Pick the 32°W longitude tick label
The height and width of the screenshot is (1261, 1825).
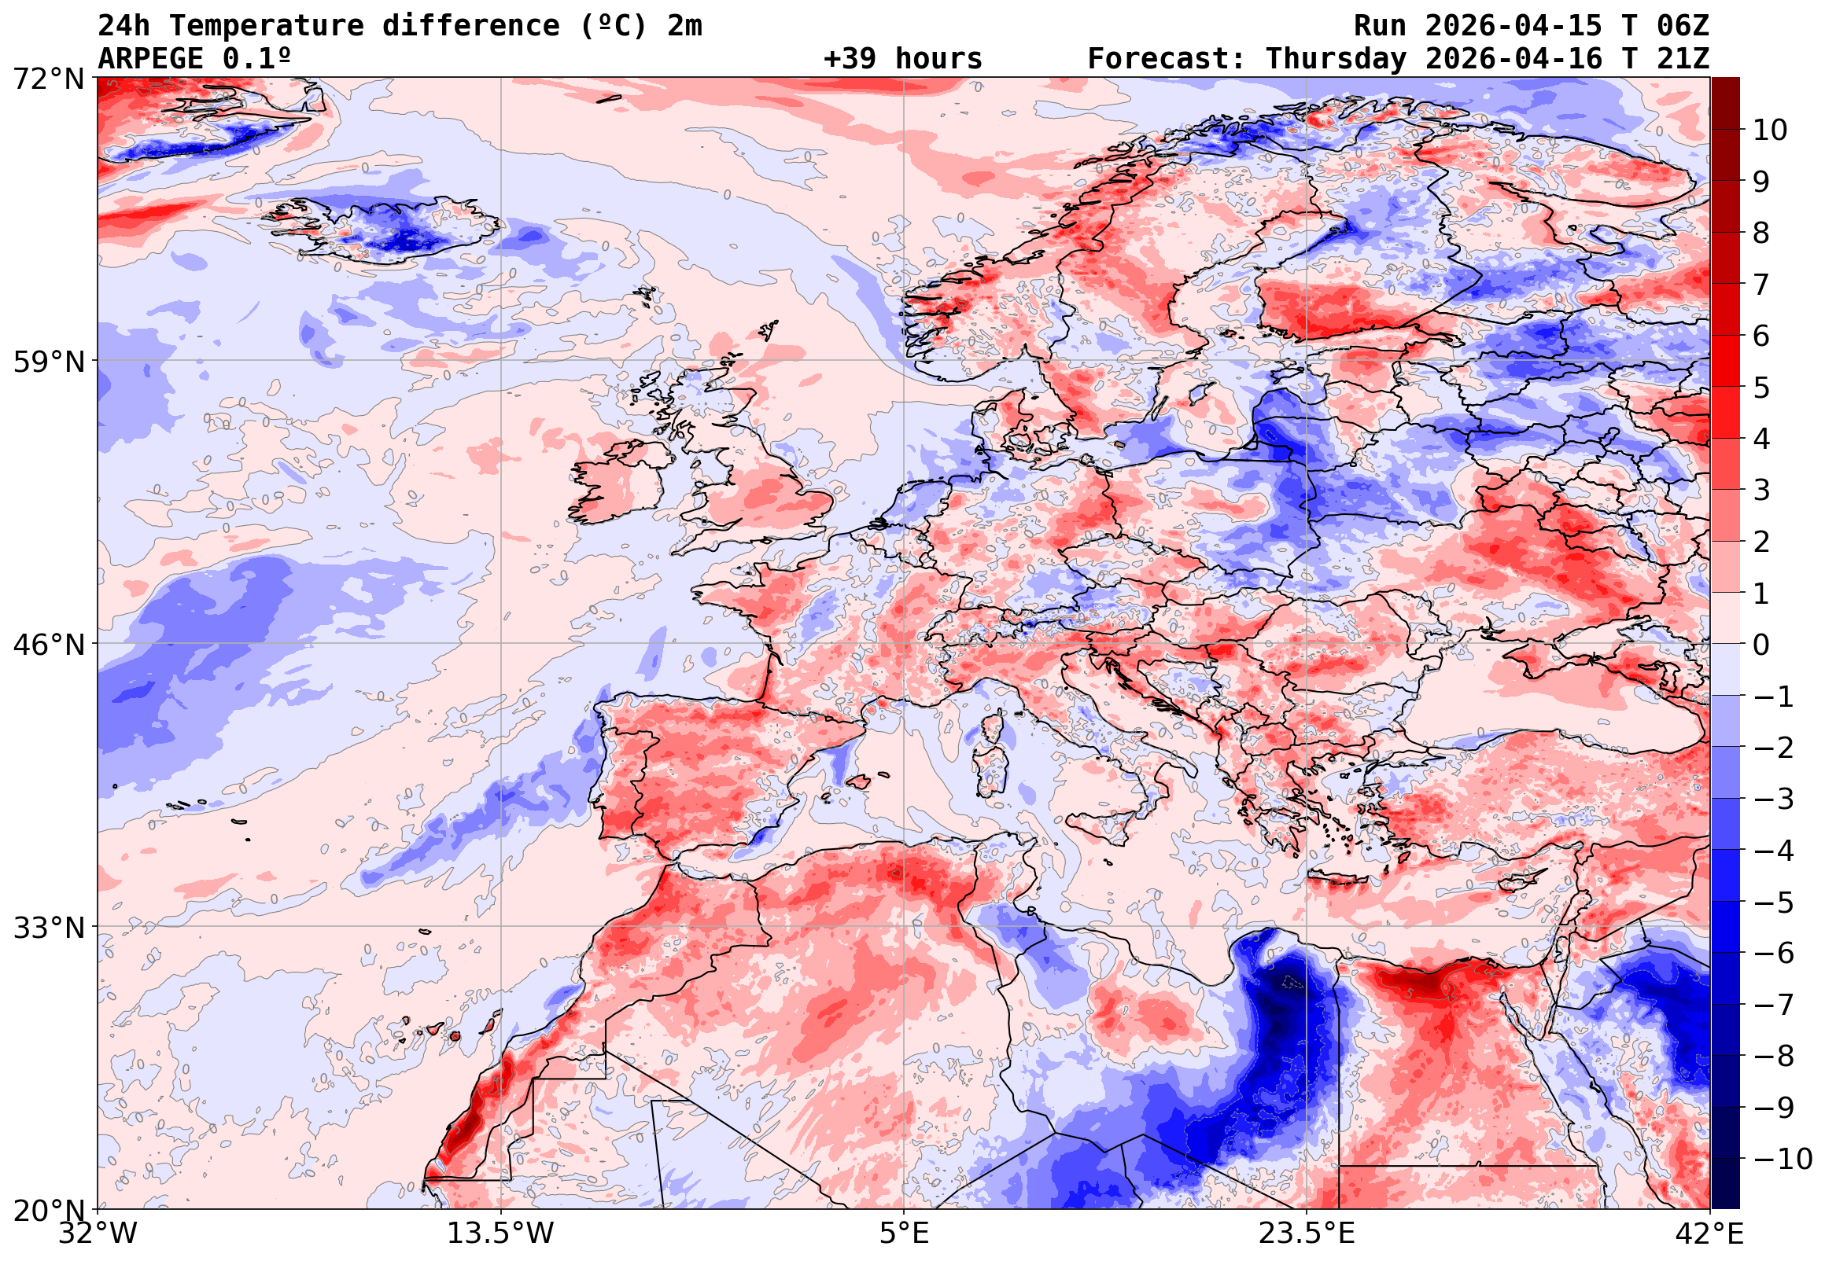(x=98, y=1233)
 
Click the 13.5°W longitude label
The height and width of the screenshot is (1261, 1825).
(x=501, y=1233)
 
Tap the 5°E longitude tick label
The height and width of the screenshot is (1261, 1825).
(x=904, y=1233)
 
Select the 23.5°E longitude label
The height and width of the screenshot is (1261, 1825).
(x=1307, y=1233)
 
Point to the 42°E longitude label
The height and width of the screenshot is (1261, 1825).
(x=1709, y=1233)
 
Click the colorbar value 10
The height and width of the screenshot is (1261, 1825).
(x=1770, y=131)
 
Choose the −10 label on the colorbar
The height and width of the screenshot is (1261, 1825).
(x=1783, y=1159)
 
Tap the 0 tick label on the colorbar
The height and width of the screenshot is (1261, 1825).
(x=1761, y=645)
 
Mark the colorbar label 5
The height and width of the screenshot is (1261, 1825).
(x=1761, y=388)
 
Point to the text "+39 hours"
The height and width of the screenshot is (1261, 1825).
(x=902, y=59)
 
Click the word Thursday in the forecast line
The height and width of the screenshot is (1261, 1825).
(x=1336, y=59)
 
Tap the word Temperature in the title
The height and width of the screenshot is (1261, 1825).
(x=266, y=26)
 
